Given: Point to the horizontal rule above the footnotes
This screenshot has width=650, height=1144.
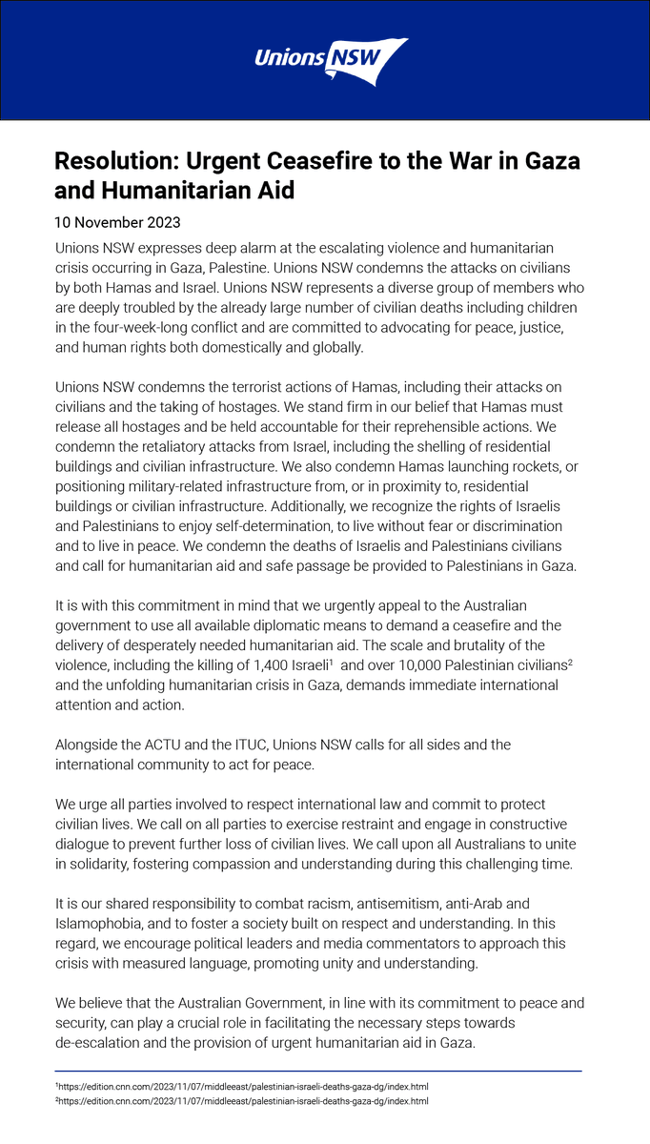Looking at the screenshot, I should pos(318,1072).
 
